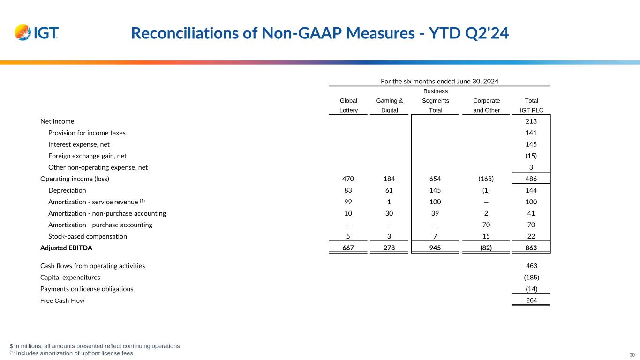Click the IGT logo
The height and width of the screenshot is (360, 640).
point(37,32)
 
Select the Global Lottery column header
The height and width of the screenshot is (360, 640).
point(348,105)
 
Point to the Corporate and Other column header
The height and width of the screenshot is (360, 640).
point(486,105)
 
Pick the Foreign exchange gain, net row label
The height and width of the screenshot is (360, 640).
point(87,156)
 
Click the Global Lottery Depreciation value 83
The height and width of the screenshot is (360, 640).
point(348,190)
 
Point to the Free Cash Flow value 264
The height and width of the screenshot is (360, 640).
point(531,300)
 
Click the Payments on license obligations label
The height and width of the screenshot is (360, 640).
point(87,289)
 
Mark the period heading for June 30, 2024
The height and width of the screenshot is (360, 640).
point(439,81)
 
